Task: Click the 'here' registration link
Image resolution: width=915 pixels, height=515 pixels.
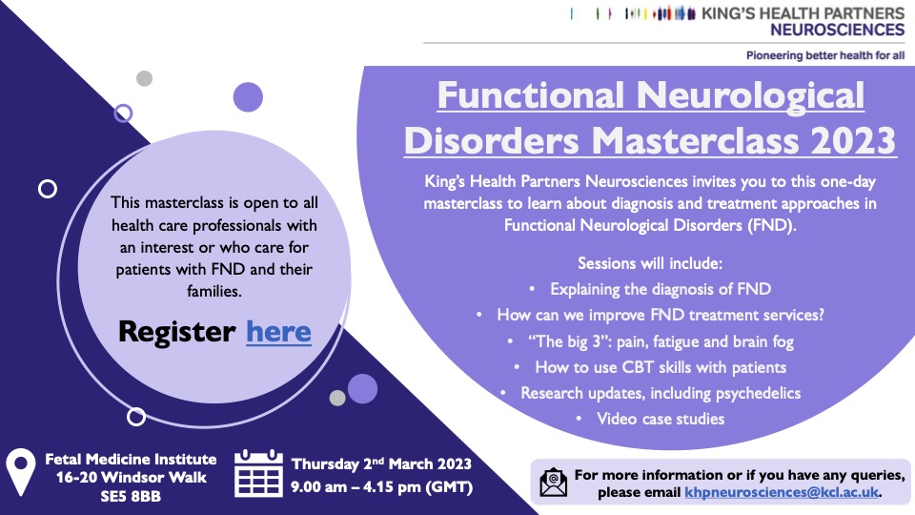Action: (x=278, y=332)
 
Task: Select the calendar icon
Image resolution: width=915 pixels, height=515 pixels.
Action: (x=258, y=474)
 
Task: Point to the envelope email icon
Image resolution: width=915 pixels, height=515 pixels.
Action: (x=553, y=483)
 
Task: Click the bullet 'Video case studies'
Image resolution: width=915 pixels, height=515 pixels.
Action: (x=660, y=419)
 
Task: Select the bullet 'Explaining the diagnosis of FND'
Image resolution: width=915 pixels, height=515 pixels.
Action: (x=660, y=288)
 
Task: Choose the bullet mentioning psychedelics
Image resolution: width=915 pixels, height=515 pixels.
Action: (x=660, y=393)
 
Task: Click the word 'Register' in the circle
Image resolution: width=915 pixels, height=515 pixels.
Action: (x=176, y=332)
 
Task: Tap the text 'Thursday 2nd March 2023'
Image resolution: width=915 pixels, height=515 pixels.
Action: (x=381, y=465)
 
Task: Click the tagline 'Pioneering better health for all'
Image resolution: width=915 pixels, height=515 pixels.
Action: (x=825, y=56)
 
